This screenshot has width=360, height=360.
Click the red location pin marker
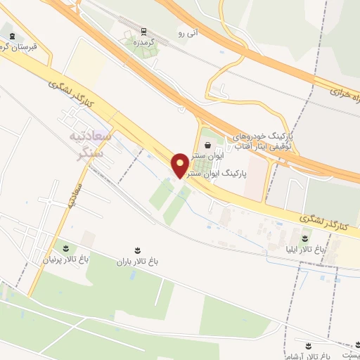tap(180, 165)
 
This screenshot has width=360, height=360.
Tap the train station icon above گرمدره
tap(144, 32)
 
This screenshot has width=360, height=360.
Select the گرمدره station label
tap(144, 42)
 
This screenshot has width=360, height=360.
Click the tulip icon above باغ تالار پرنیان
tap(66, 248)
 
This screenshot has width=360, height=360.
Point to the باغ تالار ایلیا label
tap(307, 249)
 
